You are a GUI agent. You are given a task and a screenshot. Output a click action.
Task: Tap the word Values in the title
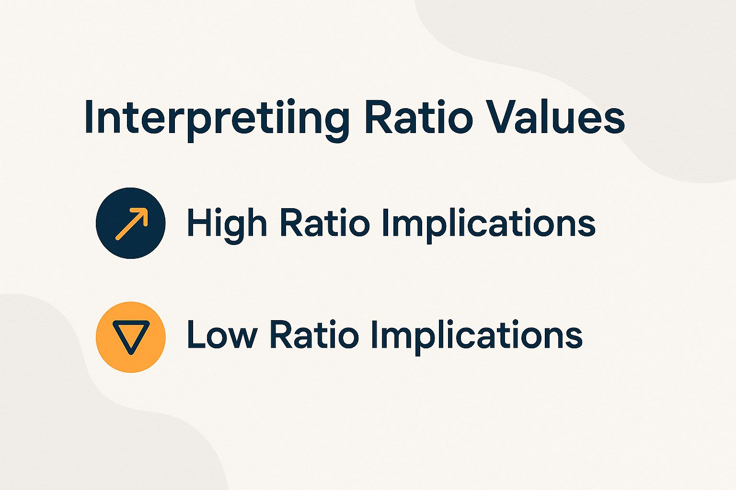[x=556, y=117]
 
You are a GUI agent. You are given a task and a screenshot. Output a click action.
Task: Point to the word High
[x=226, y=223]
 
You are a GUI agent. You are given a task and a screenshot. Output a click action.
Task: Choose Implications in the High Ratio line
[x=488, y=223]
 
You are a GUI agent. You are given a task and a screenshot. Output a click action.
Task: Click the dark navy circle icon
[x=131, y=223]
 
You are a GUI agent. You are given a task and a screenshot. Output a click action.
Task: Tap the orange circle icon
[x=131, y=336]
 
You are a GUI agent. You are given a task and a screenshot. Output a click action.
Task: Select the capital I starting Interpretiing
[x=88, y=117]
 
